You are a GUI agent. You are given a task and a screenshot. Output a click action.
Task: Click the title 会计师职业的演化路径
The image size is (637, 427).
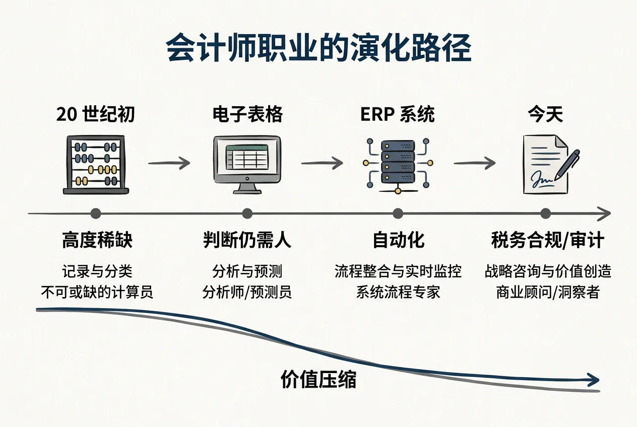tap(318, 48)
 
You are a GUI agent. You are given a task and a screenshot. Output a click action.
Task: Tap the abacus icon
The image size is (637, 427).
tap(96, 164)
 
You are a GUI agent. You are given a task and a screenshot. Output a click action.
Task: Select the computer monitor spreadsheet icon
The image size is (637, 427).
tap(247, 164)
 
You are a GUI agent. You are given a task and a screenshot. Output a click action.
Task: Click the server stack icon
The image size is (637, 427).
tap(398, 164)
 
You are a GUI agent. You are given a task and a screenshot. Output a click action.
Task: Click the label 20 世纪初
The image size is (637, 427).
tap(96, 115)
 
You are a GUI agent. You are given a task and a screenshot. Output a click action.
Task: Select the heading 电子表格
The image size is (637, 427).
tap(247, 115)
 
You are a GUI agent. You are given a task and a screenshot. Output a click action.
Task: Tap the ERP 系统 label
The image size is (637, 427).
tap(398, 115)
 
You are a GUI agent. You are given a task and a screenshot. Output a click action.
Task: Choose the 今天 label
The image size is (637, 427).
tap(545, 115)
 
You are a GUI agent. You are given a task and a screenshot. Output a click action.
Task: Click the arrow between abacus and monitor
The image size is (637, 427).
tap(169, 163)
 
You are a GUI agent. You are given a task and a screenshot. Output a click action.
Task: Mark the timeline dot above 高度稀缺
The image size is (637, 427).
tap(96, 213)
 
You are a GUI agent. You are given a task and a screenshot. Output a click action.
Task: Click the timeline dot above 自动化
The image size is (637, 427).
tap(398, 213)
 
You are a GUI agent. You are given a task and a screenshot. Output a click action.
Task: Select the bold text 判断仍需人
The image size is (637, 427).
tap(247, 241)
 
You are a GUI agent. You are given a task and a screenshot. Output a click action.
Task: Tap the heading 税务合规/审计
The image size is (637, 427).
tap(547, 241)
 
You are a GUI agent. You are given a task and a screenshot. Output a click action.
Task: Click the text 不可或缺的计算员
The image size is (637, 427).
tap(96, 293)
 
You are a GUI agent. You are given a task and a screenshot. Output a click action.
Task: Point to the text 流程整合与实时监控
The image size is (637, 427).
tap(398, 272)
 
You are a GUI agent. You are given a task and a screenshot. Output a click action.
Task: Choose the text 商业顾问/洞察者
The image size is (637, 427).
tap(548, 293)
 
